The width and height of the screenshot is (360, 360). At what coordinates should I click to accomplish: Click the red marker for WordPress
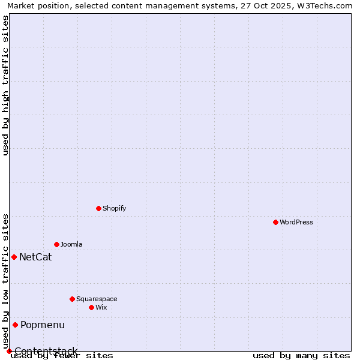[275, 222]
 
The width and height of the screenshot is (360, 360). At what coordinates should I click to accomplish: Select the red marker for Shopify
[98, 208]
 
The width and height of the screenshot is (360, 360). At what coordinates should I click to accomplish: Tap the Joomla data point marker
[56, 244]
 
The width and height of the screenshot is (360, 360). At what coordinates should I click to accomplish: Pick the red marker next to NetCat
[14, 257]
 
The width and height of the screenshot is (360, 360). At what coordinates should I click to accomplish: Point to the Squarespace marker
[72, 299]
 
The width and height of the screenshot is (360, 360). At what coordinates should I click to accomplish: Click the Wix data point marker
[91, 307]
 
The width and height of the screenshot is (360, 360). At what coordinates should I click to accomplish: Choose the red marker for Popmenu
[15, 325]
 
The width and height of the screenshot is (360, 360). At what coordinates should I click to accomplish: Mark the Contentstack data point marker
[9, 351]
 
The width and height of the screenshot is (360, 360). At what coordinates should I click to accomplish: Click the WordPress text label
[296, 222]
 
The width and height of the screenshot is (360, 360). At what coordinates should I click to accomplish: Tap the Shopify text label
[114, 208]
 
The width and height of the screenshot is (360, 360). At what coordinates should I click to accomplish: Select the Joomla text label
[71, 244]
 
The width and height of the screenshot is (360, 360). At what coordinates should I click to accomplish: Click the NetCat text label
[35, 257]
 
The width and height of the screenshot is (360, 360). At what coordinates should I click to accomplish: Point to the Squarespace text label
[97, 299]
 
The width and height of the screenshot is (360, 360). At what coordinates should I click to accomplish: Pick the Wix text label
[101, 307]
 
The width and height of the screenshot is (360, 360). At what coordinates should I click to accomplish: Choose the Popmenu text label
[43, 325]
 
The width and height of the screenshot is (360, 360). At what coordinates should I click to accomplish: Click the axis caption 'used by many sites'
[301, 355]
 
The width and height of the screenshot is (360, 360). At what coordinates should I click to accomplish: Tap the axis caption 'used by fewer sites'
[62, 355]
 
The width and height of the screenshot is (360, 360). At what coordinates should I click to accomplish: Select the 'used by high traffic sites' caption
[5, 85]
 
